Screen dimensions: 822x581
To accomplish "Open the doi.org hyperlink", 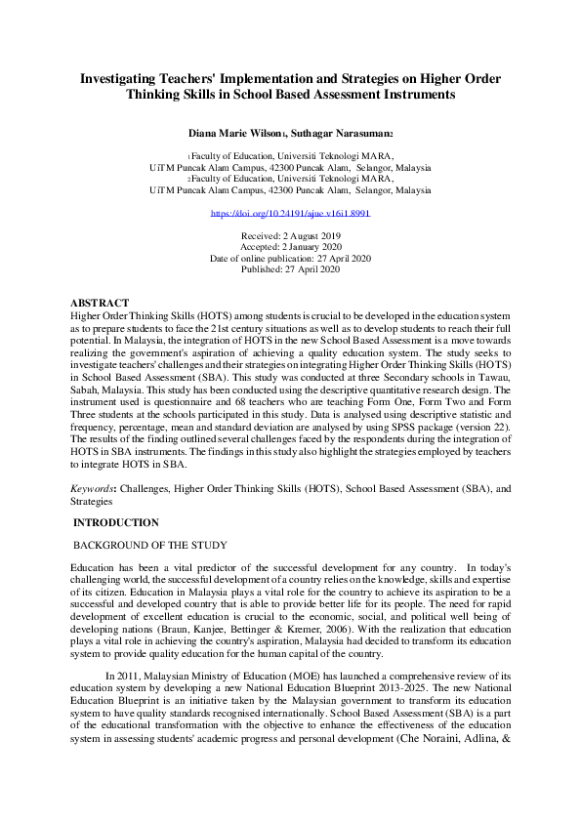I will coord(290,212).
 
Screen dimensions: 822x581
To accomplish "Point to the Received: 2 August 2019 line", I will coord(290,235).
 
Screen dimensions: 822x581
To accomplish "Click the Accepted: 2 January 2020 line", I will coord(290,247).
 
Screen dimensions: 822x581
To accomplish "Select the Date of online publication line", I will coord(290,258).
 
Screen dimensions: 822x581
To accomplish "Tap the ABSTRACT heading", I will coord(100,304).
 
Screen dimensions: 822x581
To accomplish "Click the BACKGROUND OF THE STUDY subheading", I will coord(151,545).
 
